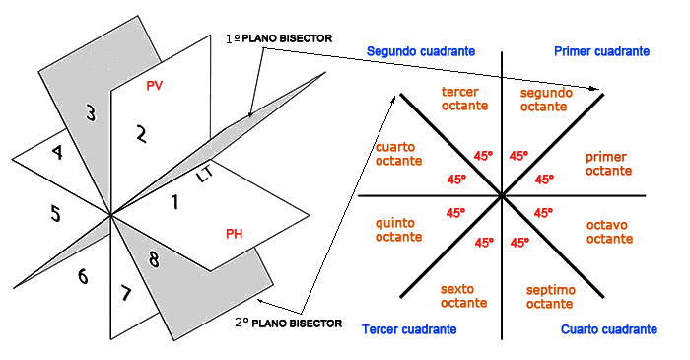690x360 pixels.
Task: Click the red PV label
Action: pyautogui.click(x=154, y=87)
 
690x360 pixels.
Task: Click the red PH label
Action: pyautogui.click(x=235, y=234)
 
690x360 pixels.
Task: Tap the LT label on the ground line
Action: pyautogui.click(x=205, y=176)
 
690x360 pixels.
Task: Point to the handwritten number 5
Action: pyautogui.click(x=55, y=213)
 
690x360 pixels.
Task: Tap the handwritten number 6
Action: pyautogui.click(x=83, y=277)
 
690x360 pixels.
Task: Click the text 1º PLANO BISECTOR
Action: pyautogui.click(x=280, y=37)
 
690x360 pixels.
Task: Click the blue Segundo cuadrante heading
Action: pyautogui.click(x=421, y=50)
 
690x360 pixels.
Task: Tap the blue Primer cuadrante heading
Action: pyautogui.click(x=601, y=50)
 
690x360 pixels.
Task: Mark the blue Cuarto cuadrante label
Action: pyautogui.click(x=608, y=328)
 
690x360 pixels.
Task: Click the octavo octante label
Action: pyautogui.click(x=609, y=231)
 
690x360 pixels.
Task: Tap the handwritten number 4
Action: pyautogui.click(x=57, y=153)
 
